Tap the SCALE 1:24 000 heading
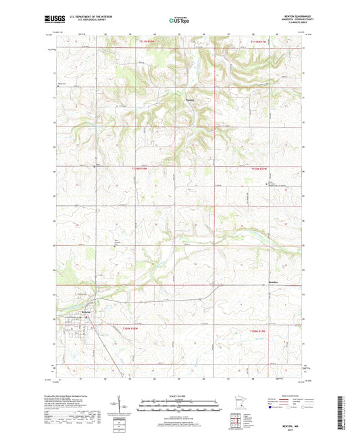180,395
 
